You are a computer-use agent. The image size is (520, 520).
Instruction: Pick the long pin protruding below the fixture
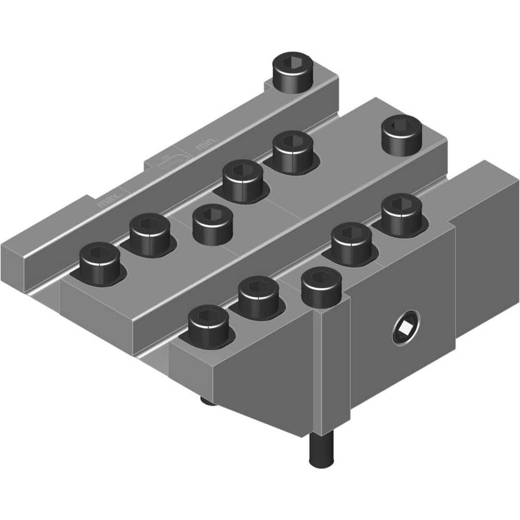point(321,448)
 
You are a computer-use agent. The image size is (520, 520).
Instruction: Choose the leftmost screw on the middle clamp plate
point(100,264)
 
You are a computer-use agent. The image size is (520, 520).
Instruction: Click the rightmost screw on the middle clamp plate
point(402,134)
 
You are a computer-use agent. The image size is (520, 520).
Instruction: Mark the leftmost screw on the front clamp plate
point(209,326)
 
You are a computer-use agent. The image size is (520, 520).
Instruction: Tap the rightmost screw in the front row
point(401,214)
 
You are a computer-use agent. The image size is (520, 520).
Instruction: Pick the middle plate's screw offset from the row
point(213,224)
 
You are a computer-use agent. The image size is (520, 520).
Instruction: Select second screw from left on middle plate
point(150,235)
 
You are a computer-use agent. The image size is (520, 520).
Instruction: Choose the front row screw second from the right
point(351,243)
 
